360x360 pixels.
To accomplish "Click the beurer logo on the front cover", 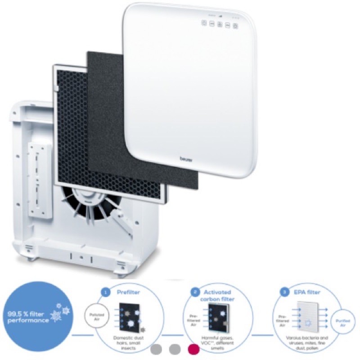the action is coord(186,158).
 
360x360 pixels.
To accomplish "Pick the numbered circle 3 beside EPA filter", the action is coord(284,292).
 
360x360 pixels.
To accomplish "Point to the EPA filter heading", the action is coord(307,292).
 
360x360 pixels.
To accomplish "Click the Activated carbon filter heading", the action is coord(220,295).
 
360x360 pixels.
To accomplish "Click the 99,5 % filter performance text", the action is coord(28,318).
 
